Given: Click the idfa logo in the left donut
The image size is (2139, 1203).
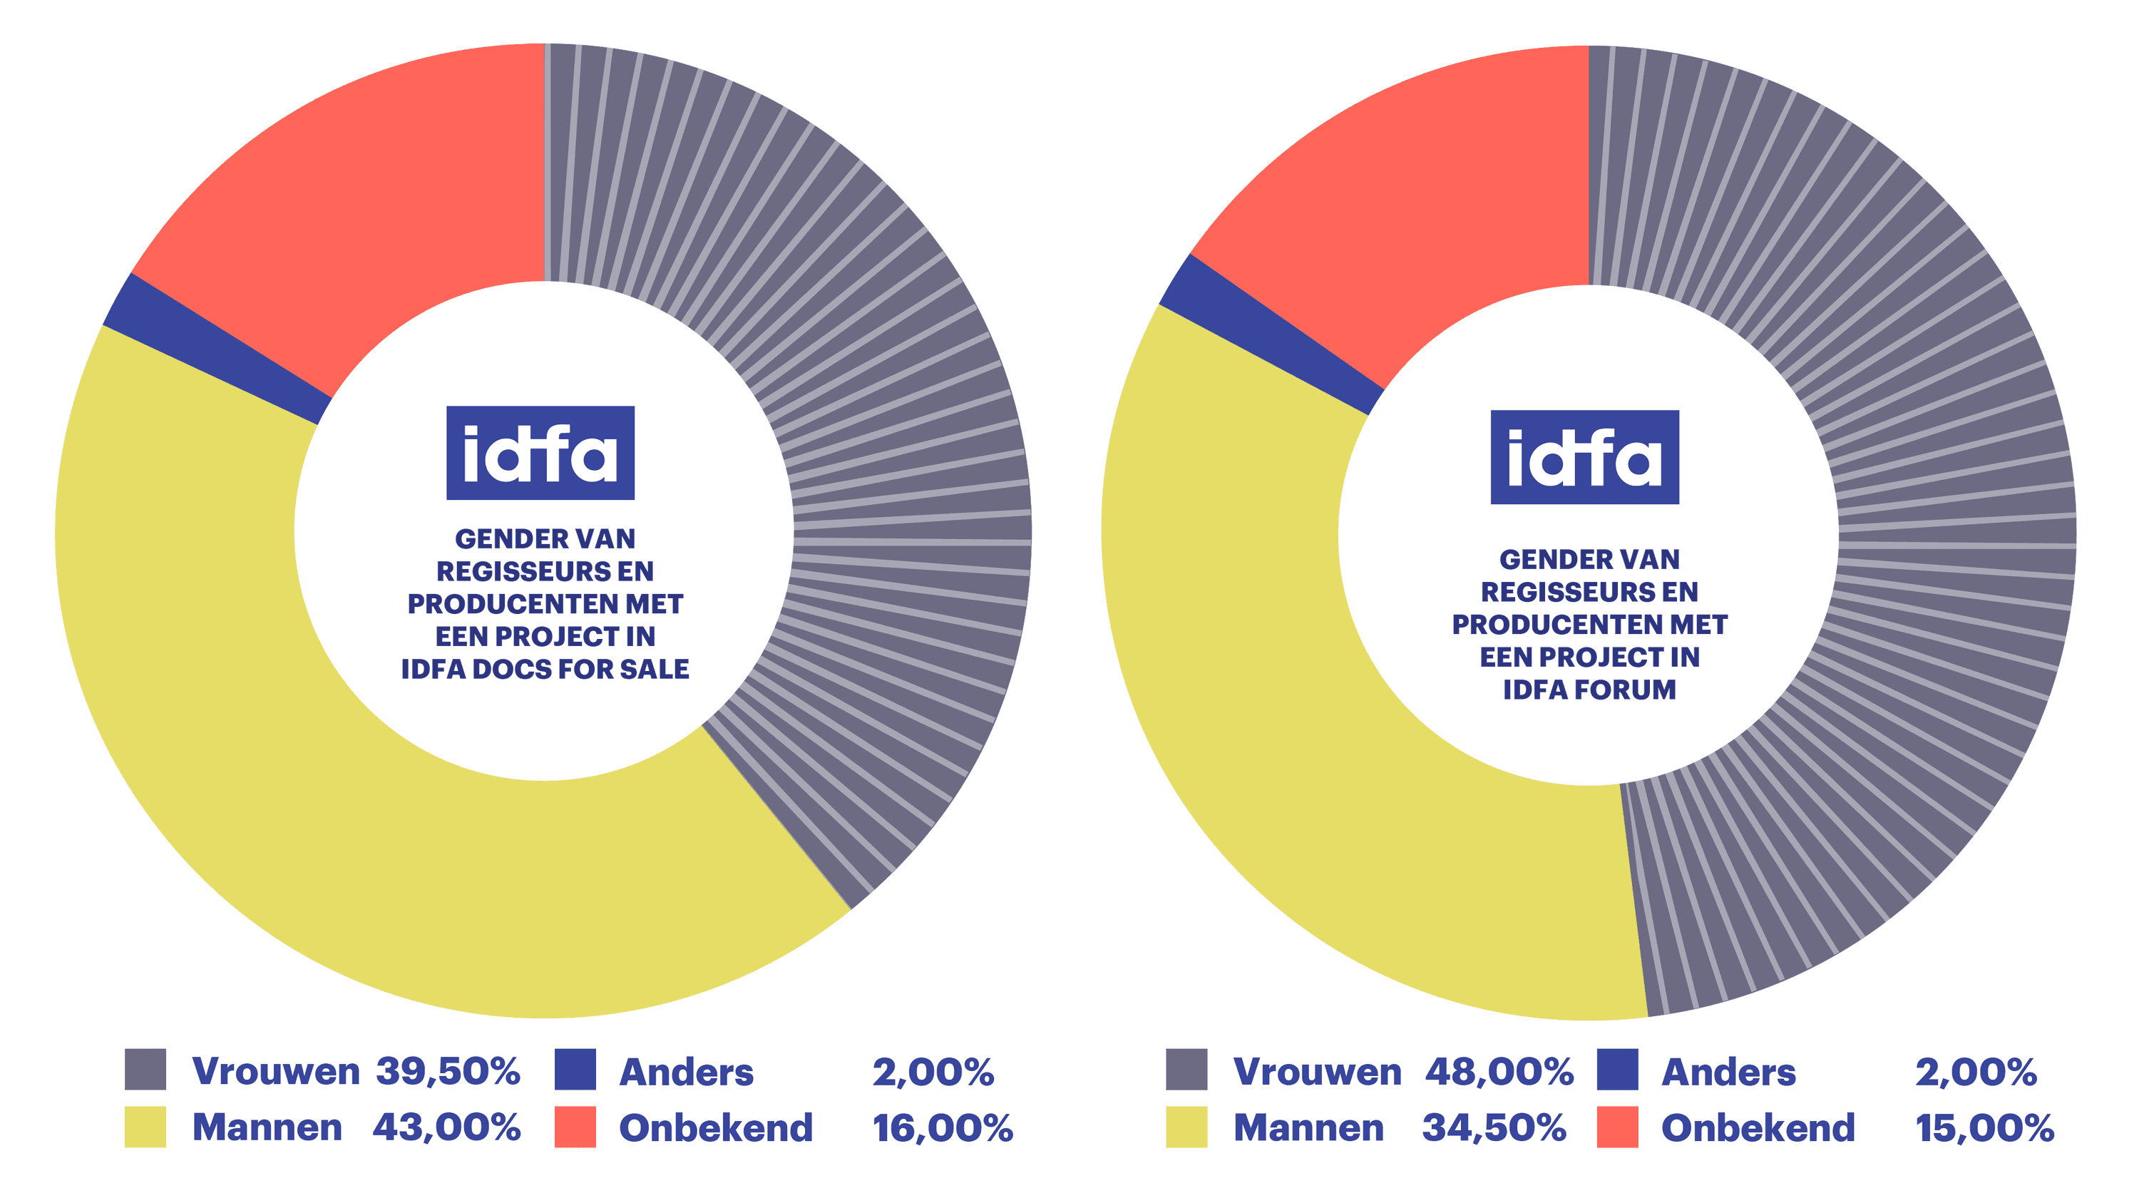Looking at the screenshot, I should pos(540,453).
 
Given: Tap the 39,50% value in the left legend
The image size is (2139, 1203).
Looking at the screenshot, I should pos(448,1071).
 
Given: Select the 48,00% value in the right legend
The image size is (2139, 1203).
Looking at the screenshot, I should pos(1499,1071).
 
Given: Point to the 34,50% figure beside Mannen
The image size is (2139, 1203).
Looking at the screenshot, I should pos(1494,1127).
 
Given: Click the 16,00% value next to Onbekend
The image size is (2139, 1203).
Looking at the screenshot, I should pos(942,1128).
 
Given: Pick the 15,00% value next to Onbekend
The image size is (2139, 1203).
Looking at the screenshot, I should pos(1984,1128).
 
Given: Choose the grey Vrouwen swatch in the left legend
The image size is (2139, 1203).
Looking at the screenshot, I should pos(145,1070).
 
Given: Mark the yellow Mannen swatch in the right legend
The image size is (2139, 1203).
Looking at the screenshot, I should pos(1186,1127).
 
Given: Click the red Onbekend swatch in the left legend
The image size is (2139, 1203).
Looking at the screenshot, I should pos(575,1127).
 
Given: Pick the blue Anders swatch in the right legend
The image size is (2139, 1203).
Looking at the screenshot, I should pos(1616,1070).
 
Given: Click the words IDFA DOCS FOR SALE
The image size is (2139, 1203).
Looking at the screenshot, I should pos(545,669).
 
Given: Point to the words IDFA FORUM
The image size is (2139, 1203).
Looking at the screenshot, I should pos(1589,690).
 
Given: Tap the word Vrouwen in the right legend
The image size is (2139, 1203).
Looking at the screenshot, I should pos(1317,1072).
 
